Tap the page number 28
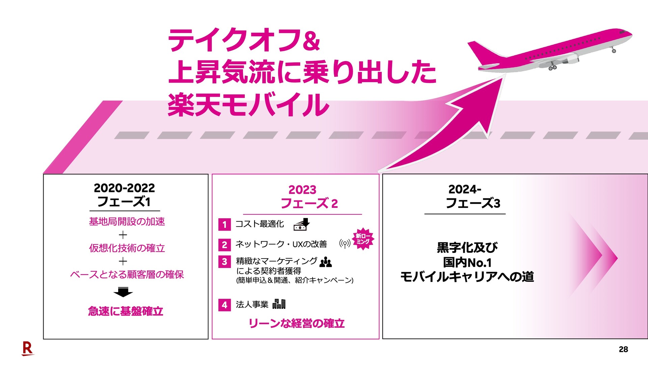pyautogui.click(x=623, y=349)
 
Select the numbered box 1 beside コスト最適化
pyautogui.click(x=224, y=225)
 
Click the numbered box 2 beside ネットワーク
pyautogui.click(x=224, y=245)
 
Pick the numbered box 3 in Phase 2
pyautogui.click(x=224, y=262)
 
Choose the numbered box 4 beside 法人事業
pyautogui.click(x=224, y=305)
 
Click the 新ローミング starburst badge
pyautogui.click(x=363, y=239)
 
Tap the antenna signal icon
pyautogui.click(x=345, y=243)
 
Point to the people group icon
pyautogui.click(x=326, y=262)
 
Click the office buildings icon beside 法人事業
pyautogui.click(x=279, y=304)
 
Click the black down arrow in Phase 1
pyautogui.click(x=123, y=292)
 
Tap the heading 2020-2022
pyautogui.click(x=124, y=188)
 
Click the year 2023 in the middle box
pyautogui.click(x=302, y=190)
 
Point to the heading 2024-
pyautogui.click(x=464, y=189)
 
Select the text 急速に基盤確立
pyautogui.click(x=126, y=311)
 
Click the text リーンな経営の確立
pyautogui.click(x=296, y=323)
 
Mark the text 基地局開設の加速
pyautogui.click(x=127, y=222)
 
